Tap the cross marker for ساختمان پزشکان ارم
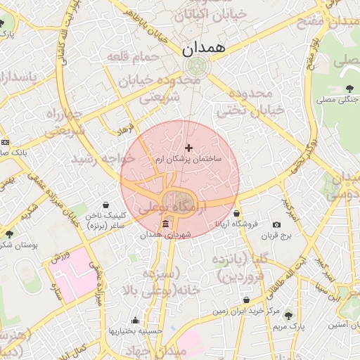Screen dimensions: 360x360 (188, 147)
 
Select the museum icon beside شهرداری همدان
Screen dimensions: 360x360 (165, 224)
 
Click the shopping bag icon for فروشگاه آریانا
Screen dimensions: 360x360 (236, 213)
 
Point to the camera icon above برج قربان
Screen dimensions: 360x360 (276, 224)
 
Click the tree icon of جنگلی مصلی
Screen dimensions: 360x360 (349, 88)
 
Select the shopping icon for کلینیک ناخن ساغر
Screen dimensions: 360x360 (105, 205)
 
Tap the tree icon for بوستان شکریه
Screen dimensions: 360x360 (8, 233)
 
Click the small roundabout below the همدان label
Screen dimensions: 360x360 (195, 67)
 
